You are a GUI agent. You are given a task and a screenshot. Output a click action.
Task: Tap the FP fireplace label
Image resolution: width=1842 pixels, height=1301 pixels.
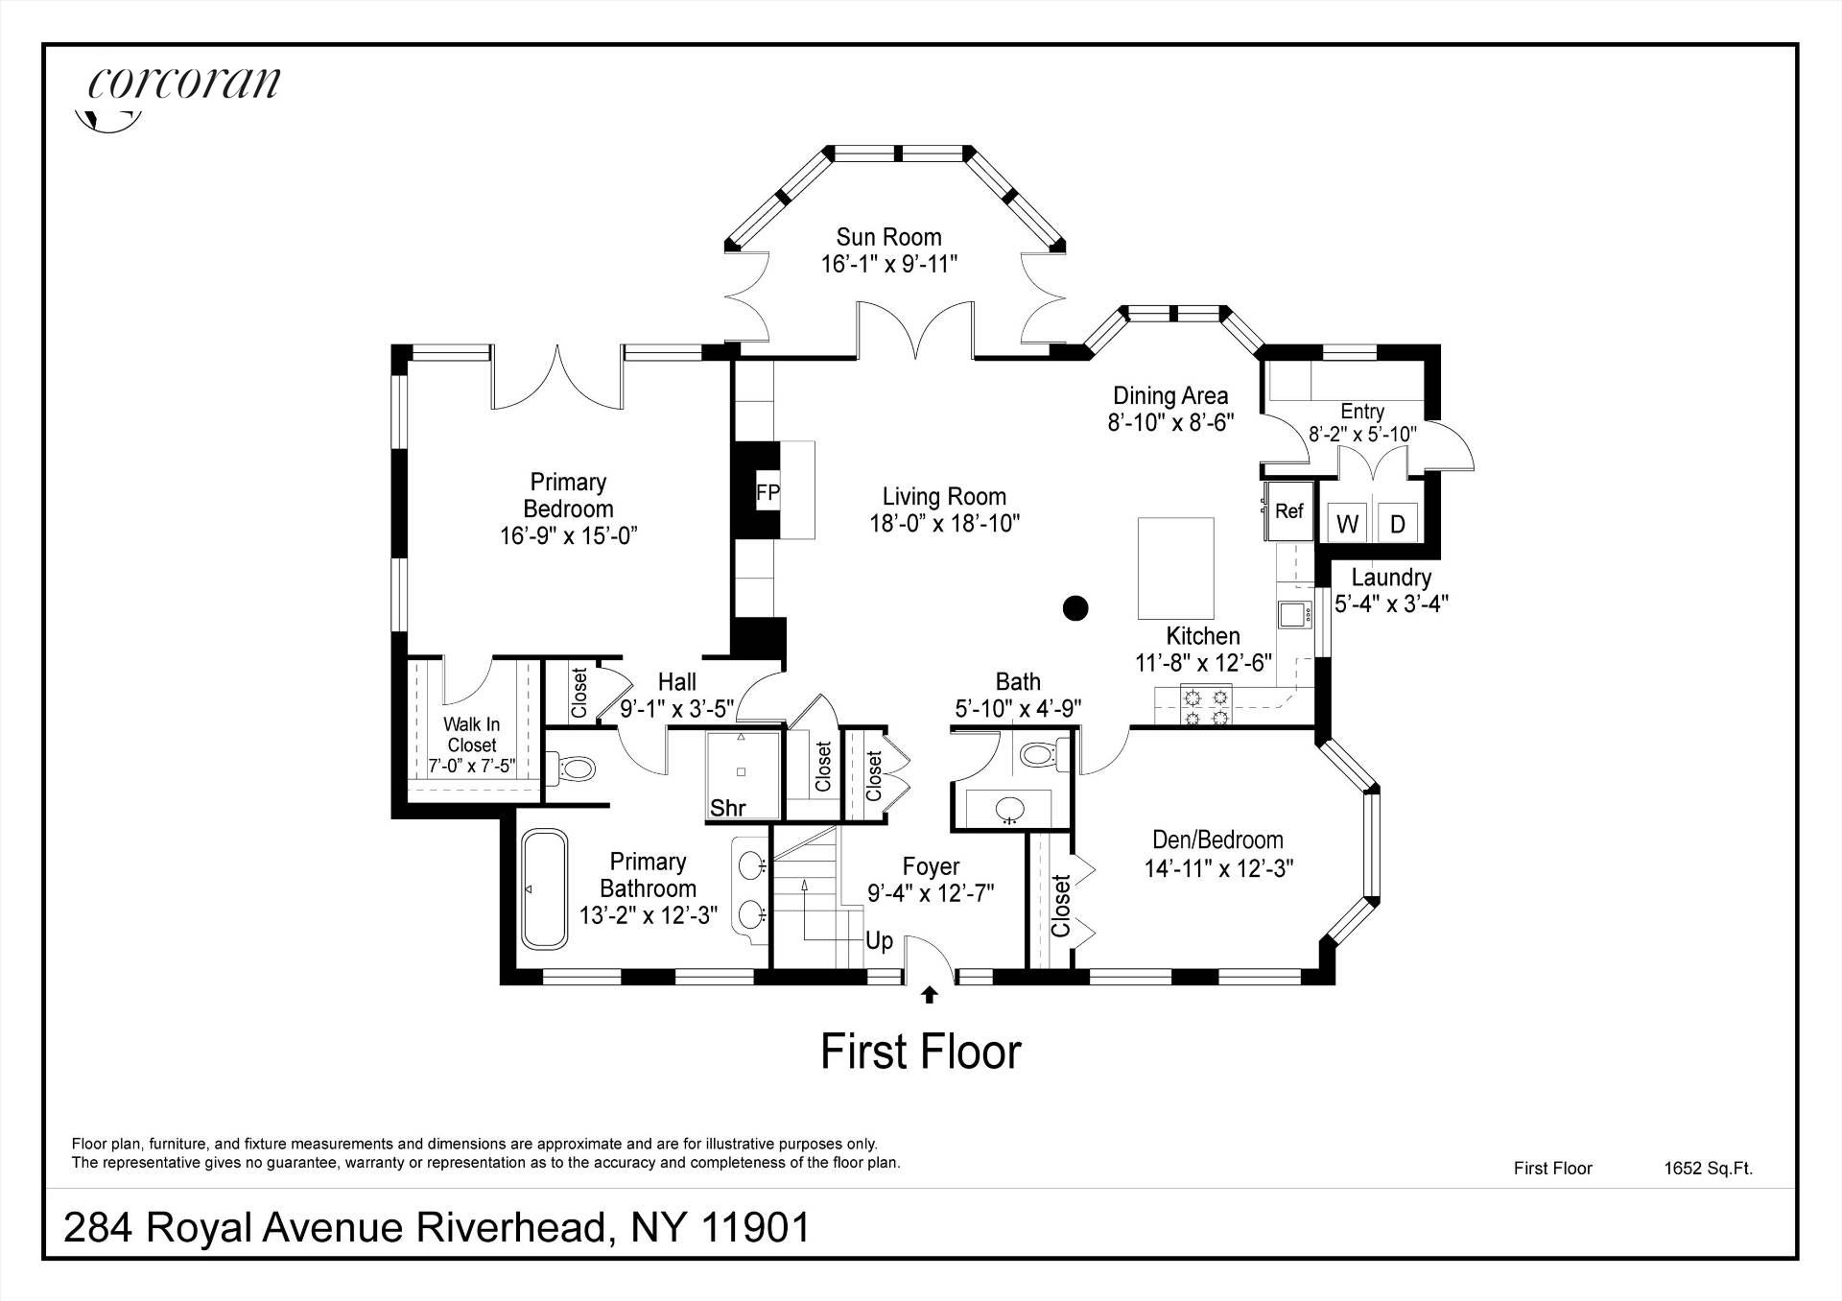click(767, 493)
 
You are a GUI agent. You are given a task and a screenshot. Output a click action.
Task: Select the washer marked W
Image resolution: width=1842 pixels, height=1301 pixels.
click(1347, 524)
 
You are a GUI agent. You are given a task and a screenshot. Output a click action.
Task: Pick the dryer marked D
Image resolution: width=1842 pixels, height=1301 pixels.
click(1398, 524)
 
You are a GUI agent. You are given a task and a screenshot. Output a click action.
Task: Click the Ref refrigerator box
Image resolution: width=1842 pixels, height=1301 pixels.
click(1288, 511)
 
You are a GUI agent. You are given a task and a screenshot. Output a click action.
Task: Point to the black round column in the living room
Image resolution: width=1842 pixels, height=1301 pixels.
click(1075, 607)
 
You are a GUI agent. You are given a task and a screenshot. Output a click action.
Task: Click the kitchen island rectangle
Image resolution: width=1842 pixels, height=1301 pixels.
click(1175, 568)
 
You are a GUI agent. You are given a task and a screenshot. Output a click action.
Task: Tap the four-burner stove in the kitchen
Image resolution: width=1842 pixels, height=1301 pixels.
click(1206, 705)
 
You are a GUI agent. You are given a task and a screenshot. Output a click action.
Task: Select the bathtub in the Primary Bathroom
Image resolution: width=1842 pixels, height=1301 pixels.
click(544, 889)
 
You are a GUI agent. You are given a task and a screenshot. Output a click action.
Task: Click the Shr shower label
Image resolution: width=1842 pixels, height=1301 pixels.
click(727, 808)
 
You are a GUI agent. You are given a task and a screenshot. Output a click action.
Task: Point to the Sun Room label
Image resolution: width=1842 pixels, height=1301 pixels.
click(888, 237)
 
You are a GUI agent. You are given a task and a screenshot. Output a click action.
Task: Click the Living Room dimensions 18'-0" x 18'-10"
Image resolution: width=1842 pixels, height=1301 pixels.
click(943, 524)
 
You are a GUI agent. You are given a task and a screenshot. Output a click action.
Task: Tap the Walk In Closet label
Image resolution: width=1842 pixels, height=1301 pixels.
click(471, 735)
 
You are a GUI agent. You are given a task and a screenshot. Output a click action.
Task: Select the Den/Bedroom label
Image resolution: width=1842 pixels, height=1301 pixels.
click(1217, 840)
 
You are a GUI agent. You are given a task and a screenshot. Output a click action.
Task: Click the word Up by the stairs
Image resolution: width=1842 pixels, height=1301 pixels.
click(879, 940)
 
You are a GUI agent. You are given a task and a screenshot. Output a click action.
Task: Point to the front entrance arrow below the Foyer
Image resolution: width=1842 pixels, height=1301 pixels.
click(929, 995)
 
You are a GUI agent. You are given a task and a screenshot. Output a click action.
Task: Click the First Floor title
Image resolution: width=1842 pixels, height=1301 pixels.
click(920, 1053)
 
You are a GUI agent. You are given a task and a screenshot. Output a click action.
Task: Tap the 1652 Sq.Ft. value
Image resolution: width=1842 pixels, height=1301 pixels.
click(1708, 1169)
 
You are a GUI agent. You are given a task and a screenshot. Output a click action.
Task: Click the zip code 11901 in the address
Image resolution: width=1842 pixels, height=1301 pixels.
click(756, 1227)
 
